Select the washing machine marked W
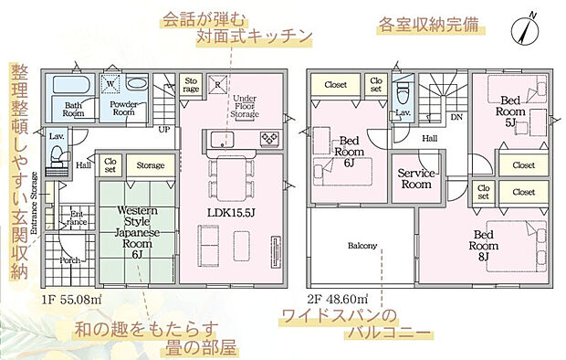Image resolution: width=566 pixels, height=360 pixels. point(111,83)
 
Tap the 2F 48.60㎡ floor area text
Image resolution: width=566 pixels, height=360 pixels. point(339,299)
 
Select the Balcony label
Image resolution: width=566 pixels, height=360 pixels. point(362,246)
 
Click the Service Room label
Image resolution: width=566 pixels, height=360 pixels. point(417,178)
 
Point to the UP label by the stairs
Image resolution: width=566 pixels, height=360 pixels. point(164,129)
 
